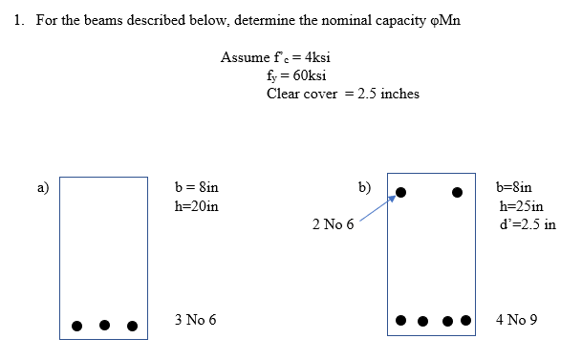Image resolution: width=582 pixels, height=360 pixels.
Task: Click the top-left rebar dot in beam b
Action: [401, 192]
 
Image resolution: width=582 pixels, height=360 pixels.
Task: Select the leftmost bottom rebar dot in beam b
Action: [401, 319]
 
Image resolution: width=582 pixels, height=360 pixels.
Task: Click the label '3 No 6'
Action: [196, 318]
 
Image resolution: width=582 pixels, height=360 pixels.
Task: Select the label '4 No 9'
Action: [517, 318]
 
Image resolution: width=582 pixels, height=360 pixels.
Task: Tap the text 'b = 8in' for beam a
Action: [196, 188]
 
